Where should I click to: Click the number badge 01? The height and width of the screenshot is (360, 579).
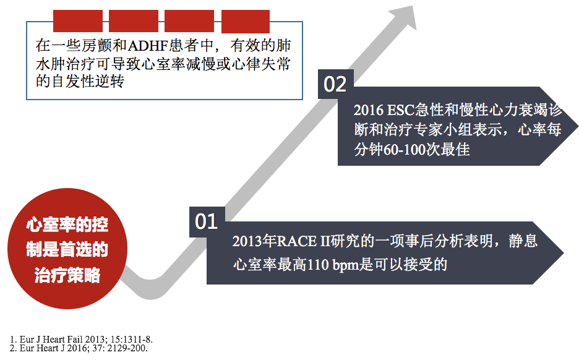(x=207, y=221)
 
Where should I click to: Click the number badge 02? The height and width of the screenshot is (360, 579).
(x=336, y=84)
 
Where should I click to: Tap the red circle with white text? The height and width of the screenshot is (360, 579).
(x=67, y=249)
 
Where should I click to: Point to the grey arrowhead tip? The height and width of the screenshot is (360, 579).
(x=412, y=6)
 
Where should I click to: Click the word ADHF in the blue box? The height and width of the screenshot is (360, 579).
(x=148, y=46)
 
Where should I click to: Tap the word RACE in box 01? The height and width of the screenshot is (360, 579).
(x=296, y=241)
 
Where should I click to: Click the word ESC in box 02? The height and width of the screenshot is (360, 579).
(x=401, y=110)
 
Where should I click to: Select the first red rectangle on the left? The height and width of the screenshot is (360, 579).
(x=78, y=21)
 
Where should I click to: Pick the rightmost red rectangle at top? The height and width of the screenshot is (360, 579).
(x=246, y=21)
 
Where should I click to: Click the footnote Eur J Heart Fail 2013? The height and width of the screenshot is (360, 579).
(x=81, y=340)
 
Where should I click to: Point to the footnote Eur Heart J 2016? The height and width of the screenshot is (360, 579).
(x=79, y=348)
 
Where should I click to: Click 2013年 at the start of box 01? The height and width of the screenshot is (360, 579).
(x=254, y=241)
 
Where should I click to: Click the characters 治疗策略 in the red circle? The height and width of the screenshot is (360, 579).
(x=67, y=275)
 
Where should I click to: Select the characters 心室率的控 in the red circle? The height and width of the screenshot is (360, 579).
(x=67, y=225)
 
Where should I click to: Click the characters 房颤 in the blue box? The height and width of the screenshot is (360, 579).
(x=96, y=46)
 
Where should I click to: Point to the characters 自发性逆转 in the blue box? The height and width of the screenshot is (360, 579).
(x=87, y=82)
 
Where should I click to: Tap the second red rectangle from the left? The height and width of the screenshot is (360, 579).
(x=134, y=21)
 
